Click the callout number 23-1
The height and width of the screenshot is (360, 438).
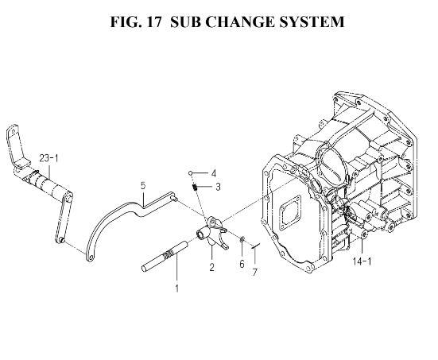(x=48, y=159)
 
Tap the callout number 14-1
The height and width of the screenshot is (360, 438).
(x=362, y=261)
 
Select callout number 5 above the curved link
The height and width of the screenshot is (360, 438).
(x=143, y=185)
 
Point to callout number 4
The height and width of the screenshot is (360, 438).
(x=214, y=174)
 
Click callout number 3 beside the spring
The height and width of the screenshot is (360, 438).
(x=218, y=187)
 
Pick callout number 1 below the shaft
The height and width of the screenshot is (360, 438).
(x=176, y=288)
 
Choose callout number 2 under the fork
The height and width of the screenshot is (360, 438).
(x=212, y=267)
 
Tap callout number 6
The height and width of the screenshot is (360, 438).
(x=242, y=264)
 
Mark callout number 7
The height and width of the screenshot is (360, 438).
(x=254, y=272)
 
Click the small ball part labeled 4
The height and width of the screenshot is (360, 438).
(x=190, y=173)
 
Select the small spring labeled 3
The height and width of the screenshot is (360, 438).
(x=196, y=187)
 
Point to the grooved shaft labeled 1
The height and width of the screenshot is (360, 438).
(x=165, y=256)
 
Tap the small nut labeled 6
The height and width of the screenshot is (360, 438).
(x=242, y=238)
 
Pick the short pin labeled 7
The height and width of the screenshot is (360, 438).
(x=256, y=246)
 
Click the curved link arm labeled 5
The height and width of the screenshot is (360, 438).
(x=118, y=215)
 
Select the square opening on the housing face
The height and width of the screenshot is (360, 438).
(x=290, y=213)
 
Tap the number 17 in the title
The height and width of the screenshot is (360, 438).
(x=153, y=21)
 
